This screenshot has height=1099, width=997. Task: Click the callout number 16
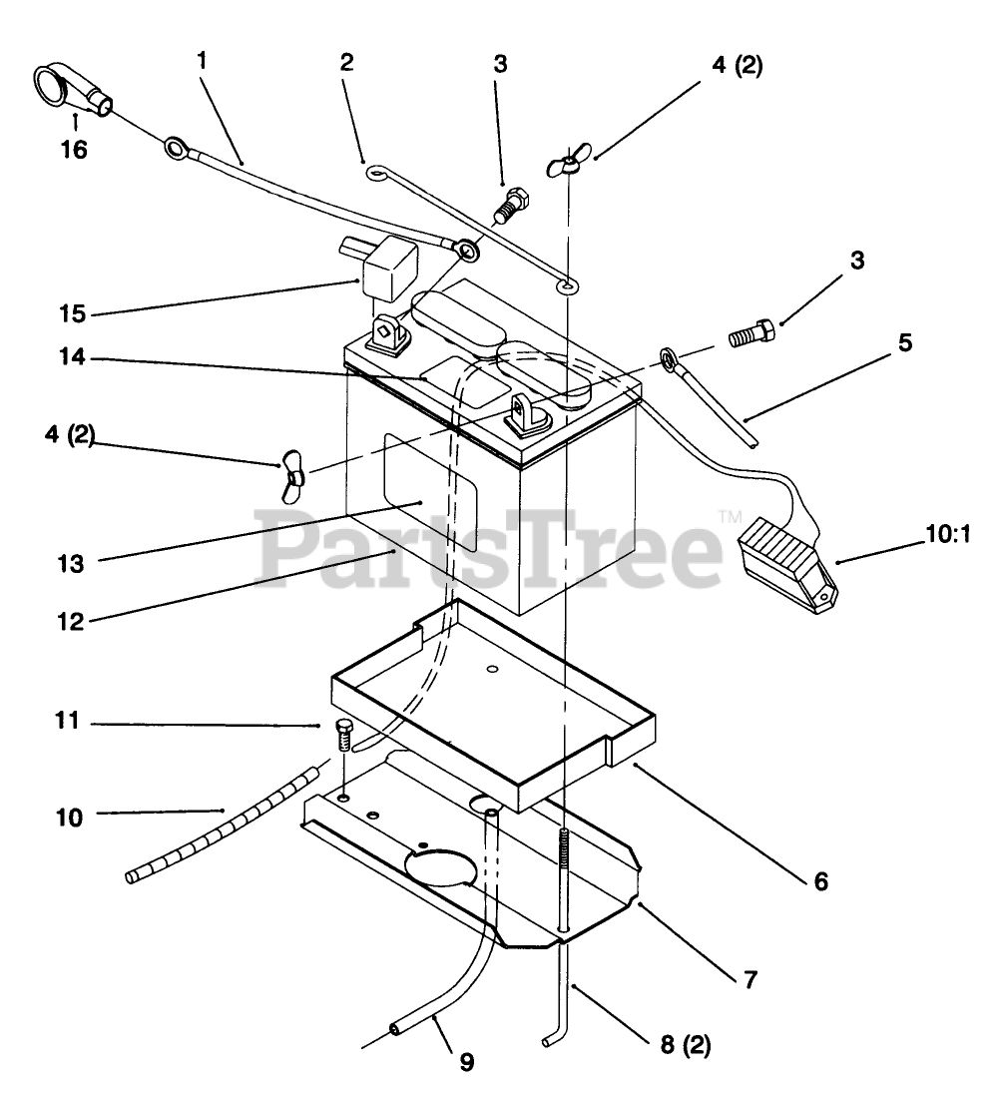pyautogui.click(x=74, y=150)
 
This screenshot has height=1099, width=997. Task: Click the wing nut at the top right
pyautogui.click(x=565, y=163)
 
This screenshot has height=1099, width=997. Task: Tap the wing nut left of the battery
pyautogui.click(x=292, y=474)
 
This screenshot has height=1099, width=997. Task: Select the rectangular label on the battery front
pyautogui.click(x=431, y=494)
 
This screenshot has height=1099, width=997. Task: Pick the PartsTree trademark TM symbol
pyautogui.click(x=730, y=518)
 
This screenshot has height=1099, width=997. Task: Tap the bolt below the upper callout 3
pyautogui.click(x=510, y=205)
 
